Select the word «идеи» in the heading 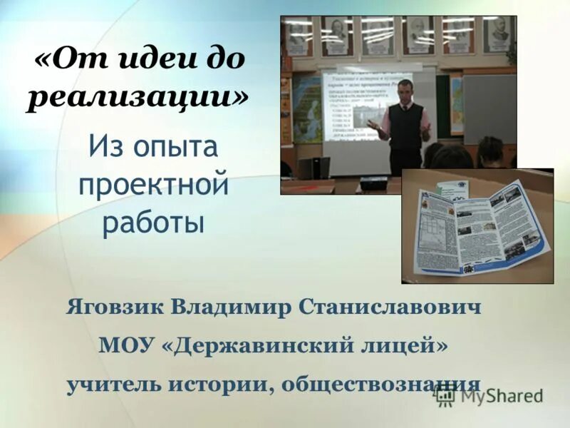pyautogui.click(x=150, y=58)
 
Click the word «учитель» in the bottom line pyautogui.click(x=114, y=384)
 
